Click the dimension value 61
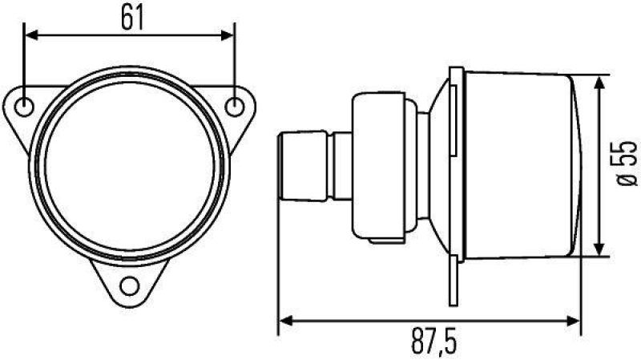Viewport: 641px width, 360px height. (132, 18)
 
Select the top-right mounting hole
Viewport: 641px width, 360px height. (235, 107)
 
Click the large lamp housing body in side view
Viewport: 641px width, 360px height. (517, 166)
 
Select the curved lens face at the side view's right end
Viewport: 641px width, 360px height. (579, 166)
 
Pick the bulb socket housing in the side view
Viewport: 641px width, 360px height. (381, 167)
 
